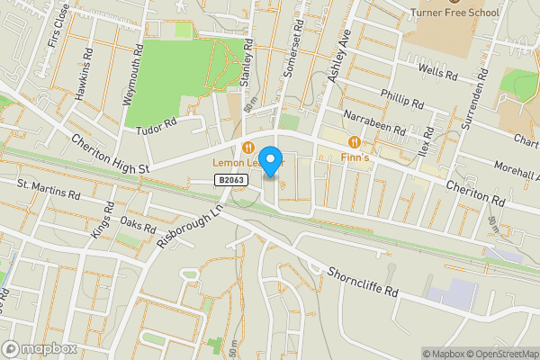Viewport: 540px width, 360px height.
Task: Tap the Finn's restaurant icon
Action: pyautogui.click(x=355, y=141)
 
